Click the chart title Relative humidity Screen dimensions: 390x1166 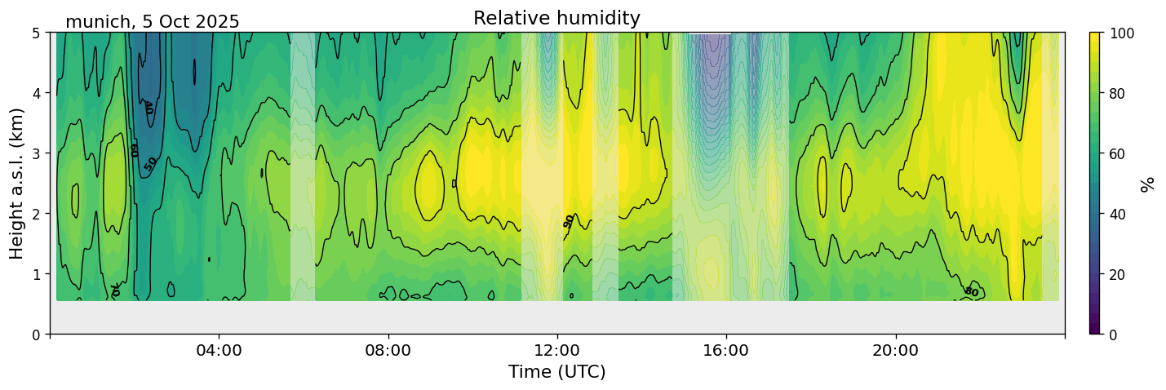click(x=556, y=18)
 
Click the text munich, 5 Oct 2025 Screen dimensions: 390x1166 click(x=153, y=22)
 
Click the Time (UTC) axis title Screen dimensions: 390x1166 click(x=556, y=372)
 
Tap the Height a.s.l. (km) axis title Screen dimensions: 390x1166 click(x=17, y=183)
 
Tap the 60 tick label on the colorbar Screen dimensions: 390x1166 click(x=1119, y=153)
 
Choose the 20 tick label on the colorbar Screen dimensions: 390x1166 click(x=1119, y=274)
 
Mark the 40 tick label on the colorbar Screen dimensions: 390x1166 click(x=1119, y=214)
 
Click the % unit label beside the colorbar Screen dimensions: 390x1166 click(x=1147, y=184)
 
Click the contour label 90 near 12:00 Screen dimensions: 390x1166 click(x=569, y=221)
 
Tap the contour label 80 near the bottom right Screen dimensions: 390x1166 click(x=971, y=291)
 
